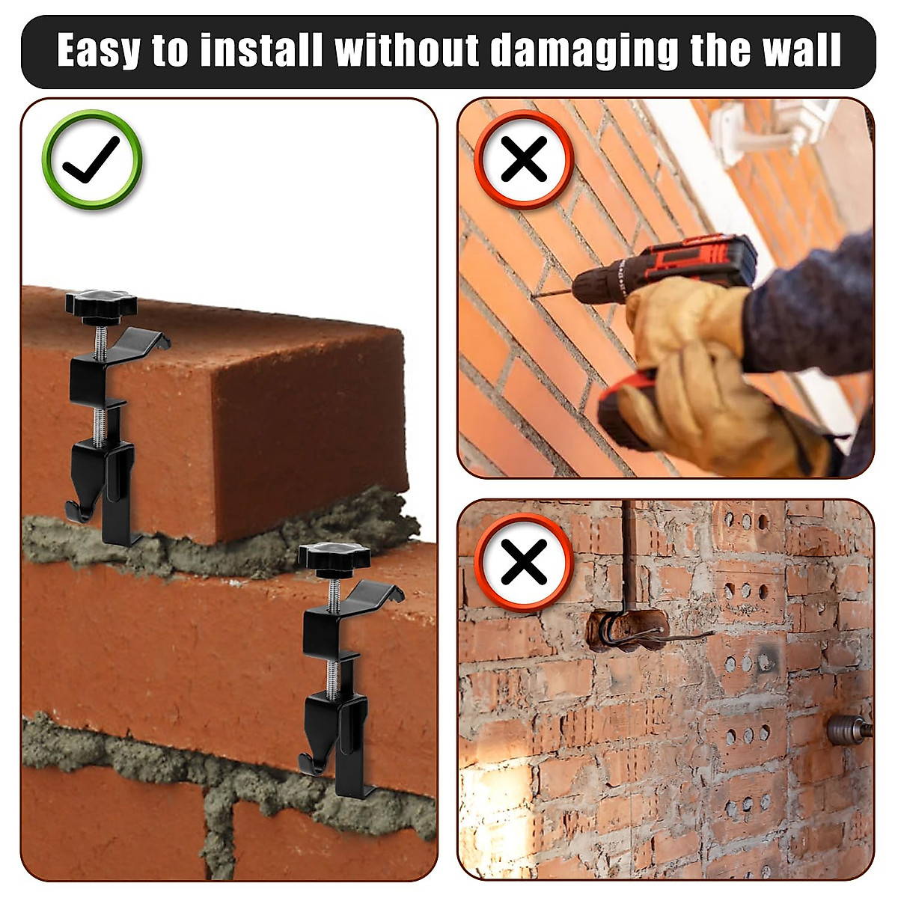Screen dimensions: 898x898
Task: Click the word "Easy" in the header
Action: pyautogui.click(x=99, y=51)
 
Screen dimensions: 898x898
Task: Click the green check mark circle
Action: pyautogui.click(x=91, y=159)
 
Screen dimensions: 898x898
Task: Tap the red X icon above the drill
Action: pyautogui.click(x=524, y=159)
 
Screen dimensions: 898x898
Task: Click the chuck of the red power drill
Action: pyautogui.click(x=591, y=282)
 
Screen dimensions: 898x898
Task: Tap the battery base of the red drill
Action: pyautogui.click(x=621, y=415)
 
